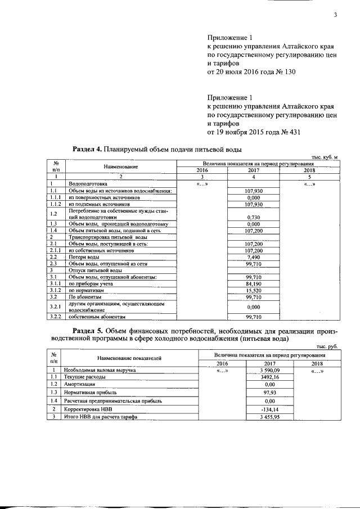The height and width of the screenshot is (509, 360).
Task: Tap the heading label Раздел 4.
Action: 88,150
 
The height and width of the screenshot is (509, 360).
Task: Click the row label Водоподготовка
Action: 84,184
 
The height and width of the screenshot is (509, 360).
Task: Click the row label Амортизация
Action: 79,383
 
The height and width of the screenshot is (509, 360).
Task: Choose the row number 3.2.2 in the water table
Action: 55,317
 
